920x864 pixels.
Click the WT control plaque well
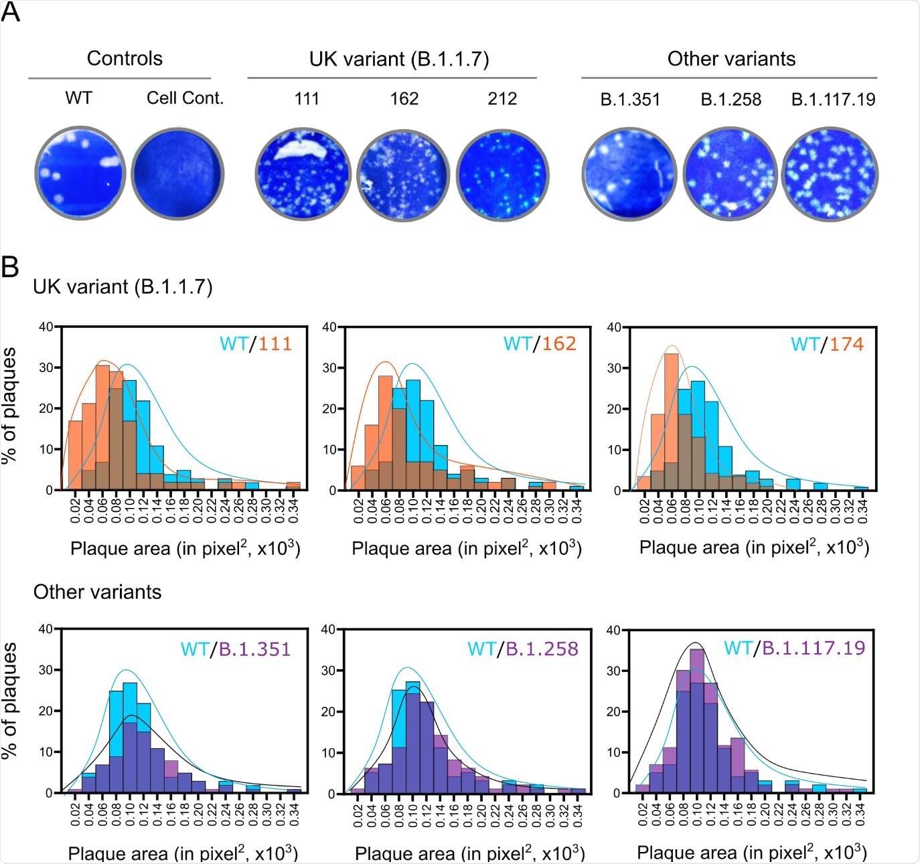(80, 173)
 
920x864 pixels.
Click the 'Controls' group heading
(125, 59)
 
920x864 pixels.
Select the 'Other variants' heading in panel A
(731, 59)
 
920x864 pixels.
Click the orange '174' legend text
(846, 344)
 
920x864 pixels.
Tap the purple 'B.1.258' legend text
(542, 649)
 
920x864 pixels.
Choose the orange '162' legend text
(559, 343)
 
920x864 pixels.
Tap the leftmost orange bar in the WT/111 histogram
(75, 455)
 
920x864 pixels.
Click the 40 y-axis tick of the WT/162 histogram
(329, 327)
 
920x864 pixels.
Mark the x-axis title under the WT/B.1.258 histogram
(469, 853)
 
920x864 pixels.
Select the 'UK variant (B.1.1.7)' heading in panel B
(123, 287)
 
